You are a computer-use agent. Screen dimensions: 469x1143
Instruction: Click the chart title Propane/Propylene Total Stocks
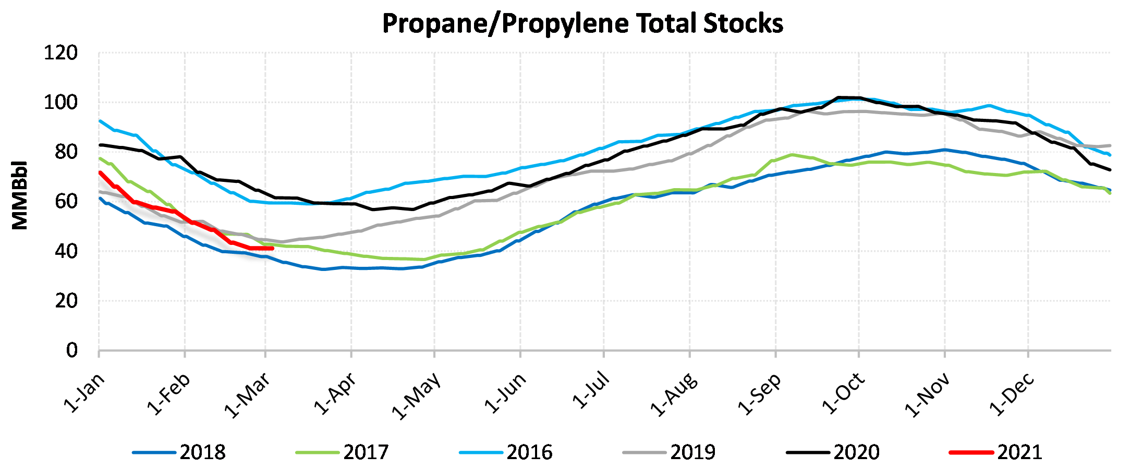coord(582,24)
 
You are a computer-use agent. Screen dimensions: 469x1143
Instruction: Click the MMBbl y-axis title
coord(20,195)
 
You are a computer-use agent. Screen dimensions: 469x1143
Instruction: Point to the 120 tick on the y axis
coord(60,53)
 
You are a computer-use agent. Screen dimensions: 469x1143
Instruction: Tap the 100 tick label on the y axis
coord(60,103)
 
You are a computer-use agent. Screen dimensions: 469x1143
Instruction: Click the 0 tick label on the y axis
coord(72,351)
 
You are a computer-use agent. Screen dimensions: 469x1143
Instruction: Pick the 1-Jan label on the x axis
coord(84,393)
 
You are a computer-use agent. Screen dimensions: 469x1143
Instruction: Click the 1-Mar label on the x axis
coord(248,395)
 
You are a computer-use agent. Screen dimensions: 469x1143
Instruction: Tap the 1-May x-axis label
coord(416,396)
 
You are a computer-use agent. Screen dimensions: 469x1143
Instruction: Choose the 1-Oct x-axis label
coord(843,393)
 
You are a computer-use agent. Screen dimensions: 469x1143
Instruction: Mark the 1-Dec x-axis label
coord(1012,394)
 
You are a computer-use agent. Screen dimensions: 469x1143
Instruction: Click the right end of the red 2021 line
coord(272,248)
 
